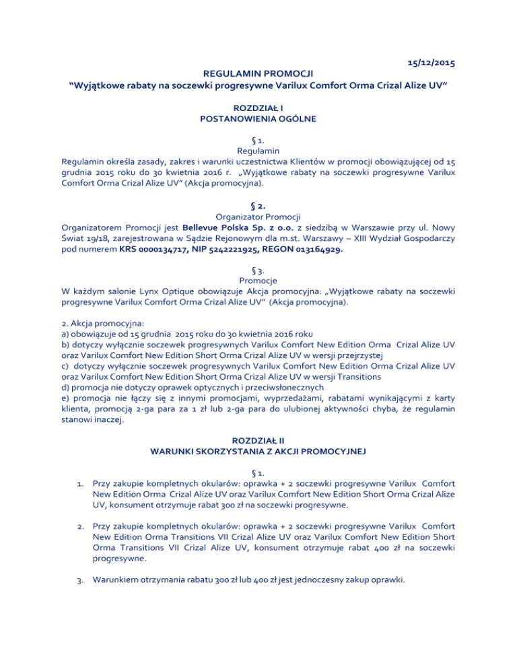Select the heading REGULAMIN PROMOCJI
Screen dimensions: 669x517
pos(258,75)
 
